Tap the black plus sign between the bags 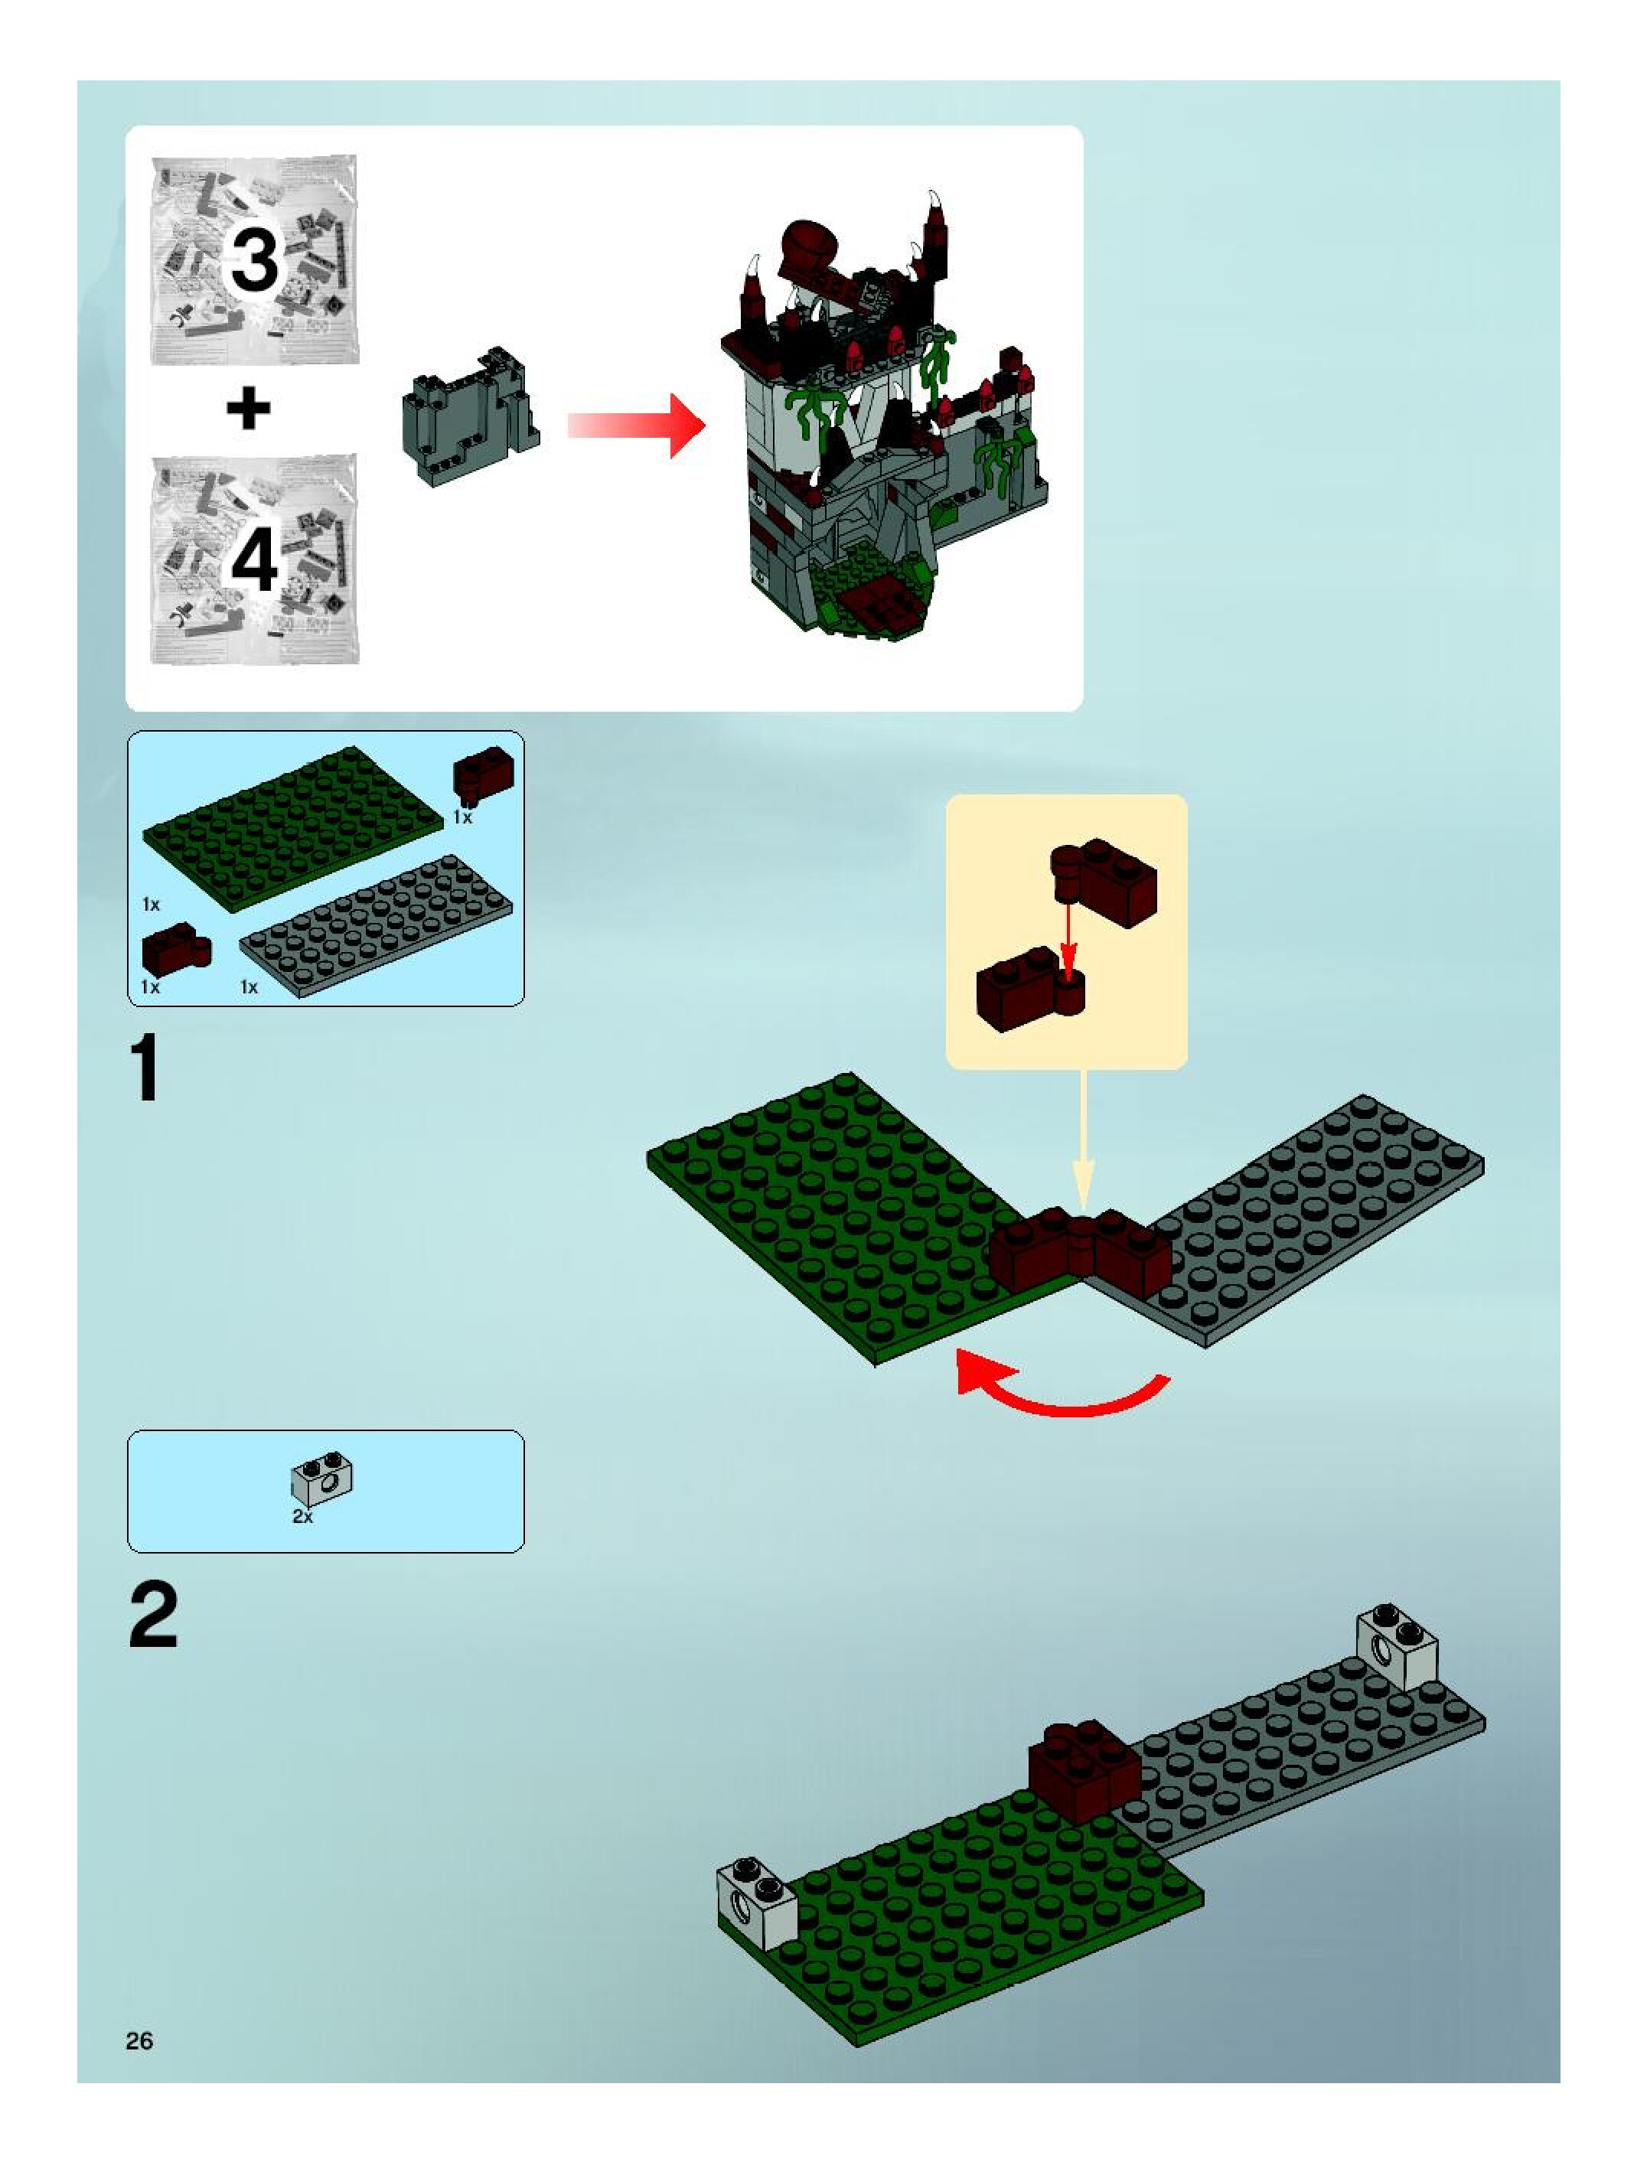[249, 408]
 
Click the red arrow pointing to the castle [636, 425]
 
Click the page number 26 [139, 2040]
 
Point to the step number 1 [145, 1070]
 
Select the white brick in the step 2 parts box [322, 1481]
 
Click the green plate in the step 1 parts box [292, 828]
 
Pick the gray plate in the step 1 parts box [377, 926]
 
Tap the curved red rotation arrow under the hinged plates [1062, 1391]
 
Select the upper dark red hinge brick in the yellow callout [1104, 882]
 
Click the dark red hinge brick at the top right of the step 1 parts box [483, 774]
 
